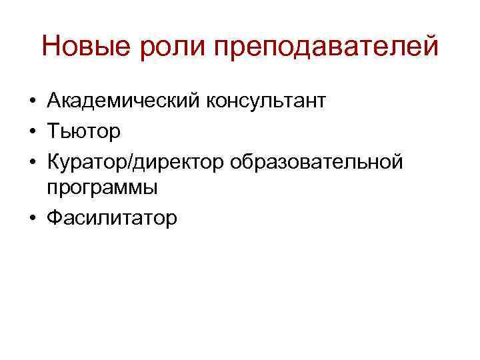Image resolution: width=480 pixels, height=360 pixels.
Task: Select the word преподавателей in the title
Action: [x=325, y=48]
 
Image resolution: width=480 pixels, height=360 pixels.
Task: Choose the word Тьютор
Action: [x=83, y=131]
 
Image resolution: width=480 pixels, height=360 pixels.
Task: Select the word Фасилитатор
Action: [x=112, y=217]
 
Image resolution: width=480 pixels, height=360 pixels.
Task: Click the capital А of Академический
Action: [x=54, y=101]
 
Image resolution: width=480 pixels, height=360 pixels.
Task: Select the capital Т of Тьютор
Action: [x=53, y=131]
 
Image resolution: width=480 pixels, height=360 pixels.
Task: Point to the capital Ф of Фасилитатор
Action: [x=55, y=217]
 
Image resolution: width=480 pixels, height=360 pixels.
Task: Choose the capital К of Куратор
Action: [x=53, y=160]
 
